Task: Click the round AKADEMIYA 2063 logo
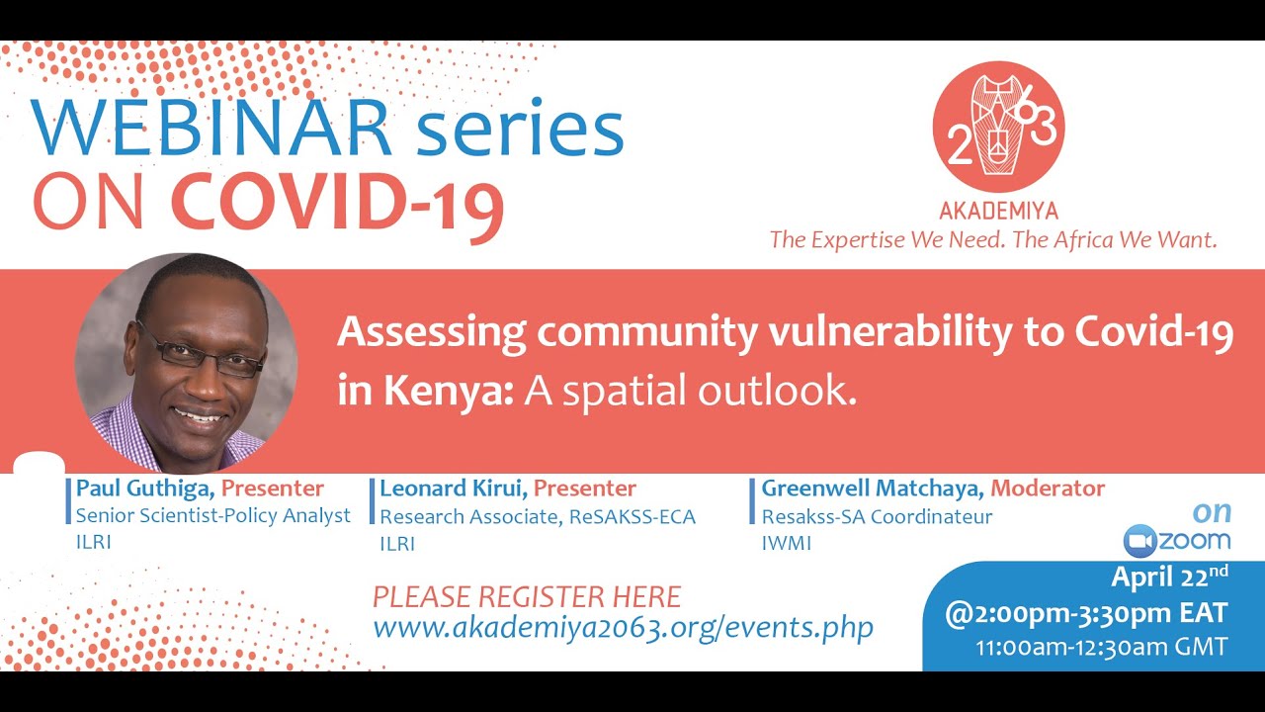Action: [998, 127]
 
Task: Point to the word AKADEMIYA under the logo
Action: [998, 212]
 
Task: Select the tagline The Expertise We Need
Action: [884, 240]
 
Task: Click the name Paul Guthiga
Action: [146, 489]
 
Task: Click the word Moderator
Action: [1048, 489]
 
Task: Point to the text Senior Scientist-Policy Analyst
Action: [213, 515]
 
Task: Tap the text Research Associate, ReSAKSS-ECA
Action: [538, 516]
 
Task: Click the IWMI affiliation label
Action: [787, 543]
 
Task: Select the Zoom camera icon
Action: [1139, 541]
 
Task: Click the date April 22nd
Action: [1169, 578]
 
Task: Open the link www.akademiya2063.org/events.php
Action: [623, 627]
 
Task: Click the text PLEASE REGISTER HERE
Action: [527, 597]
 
